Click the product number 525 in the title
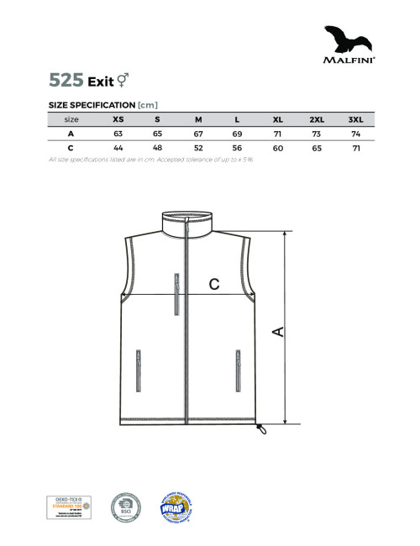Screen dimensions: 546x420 pos(66,81)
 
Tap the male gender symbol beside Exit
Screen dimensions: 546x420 pos(122,80)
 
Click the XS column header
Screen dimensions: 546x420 pos(118,120)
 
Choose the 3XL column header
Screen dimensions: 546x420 pos(355,120)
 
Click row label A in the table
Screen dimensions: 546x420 pos(71,134)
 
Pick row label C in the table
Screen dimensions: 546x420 pos(71,148)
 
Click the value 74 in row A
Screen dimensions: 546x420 pos(355,134)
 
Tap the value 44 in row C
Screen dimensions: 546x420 pos(118,148)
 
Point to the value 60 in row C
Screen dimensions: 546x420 pos(277,148)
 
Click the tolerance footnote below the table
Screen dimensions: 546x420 pos(152,160)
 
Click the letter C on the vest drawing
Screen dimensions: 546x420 pos(214,284)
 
